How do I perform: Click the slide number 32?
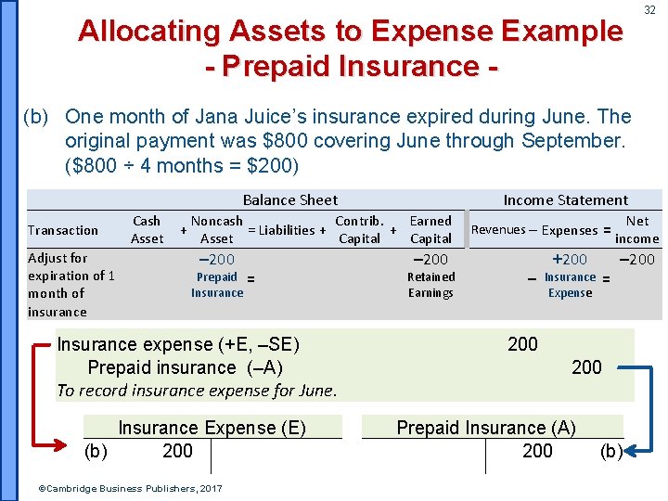pyautogui.click(x=650, y=10)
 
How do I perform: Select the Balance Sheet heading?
pyautogui.click(x=289, y=199)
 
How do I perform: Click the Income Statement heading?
pyautogui.click(x=565, y=199)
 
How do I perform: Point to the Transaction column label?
pyautogui.click(x=63, y=230)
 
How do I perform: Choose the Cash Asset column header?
pyautogui.click(x=147, y=229)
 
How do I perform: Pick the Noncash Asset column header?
pyautogui.click(x=216, y=229)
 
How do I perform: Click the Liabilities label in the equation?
pyautogui.click(x=287, y=230)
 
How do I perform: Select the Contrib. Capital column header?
pyautogui.click(x=359, y=229)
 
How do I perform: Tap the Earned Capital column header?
pyautogui.click(x=430, y=229)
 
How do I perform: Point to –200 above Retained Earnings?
pyautogui.click(x=430, y=260)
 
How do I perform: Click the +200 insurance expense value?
pyautogui.click(x=570, y=260)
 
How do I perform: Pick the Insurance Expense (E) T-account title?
pyautogui.click(x=212, y=428)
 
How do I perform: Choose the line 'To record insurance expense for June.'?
pyautogui.click(x=196, y=391)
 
